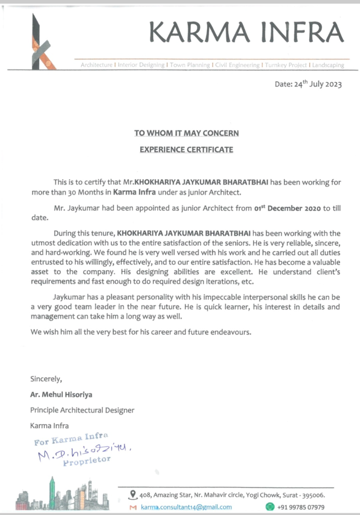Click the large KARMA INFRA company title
pyautogui.click(x=246, y=33)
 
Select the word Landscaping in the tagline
pyautogui.click(x=328, y=65)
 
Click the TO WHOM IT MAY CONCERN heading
pyautogui.click(x=186, y=133)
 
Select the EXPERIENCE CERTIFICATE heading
pyautogui.click(x=186, y=149)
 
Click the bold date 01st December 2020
pyautogui.click(x=285, y=208)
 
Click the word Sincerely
pyautogui.click(x=46, y=378)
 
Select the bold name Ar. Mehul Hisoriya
pyautogui.click(x=61, y=394)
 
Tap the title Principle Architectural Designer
pyautogui.click(x=82, y=410)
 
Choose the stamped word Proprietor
pyautogui.click(x=86, y=460)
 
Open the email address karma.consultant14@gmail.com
pyautogui.click(x=186, y=507)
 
